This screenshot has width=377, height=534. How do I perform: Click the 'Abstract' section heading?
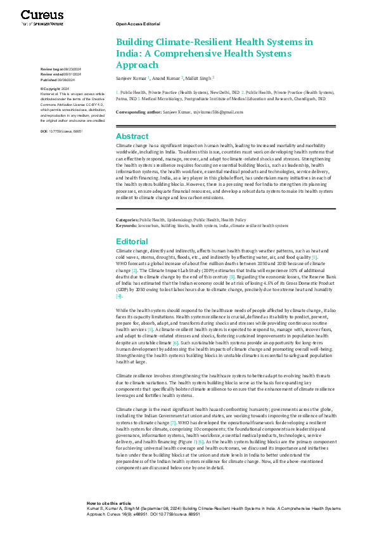coord(132,136)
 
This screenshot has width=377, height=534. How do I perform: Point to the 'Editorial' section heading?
coord(132,242)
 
